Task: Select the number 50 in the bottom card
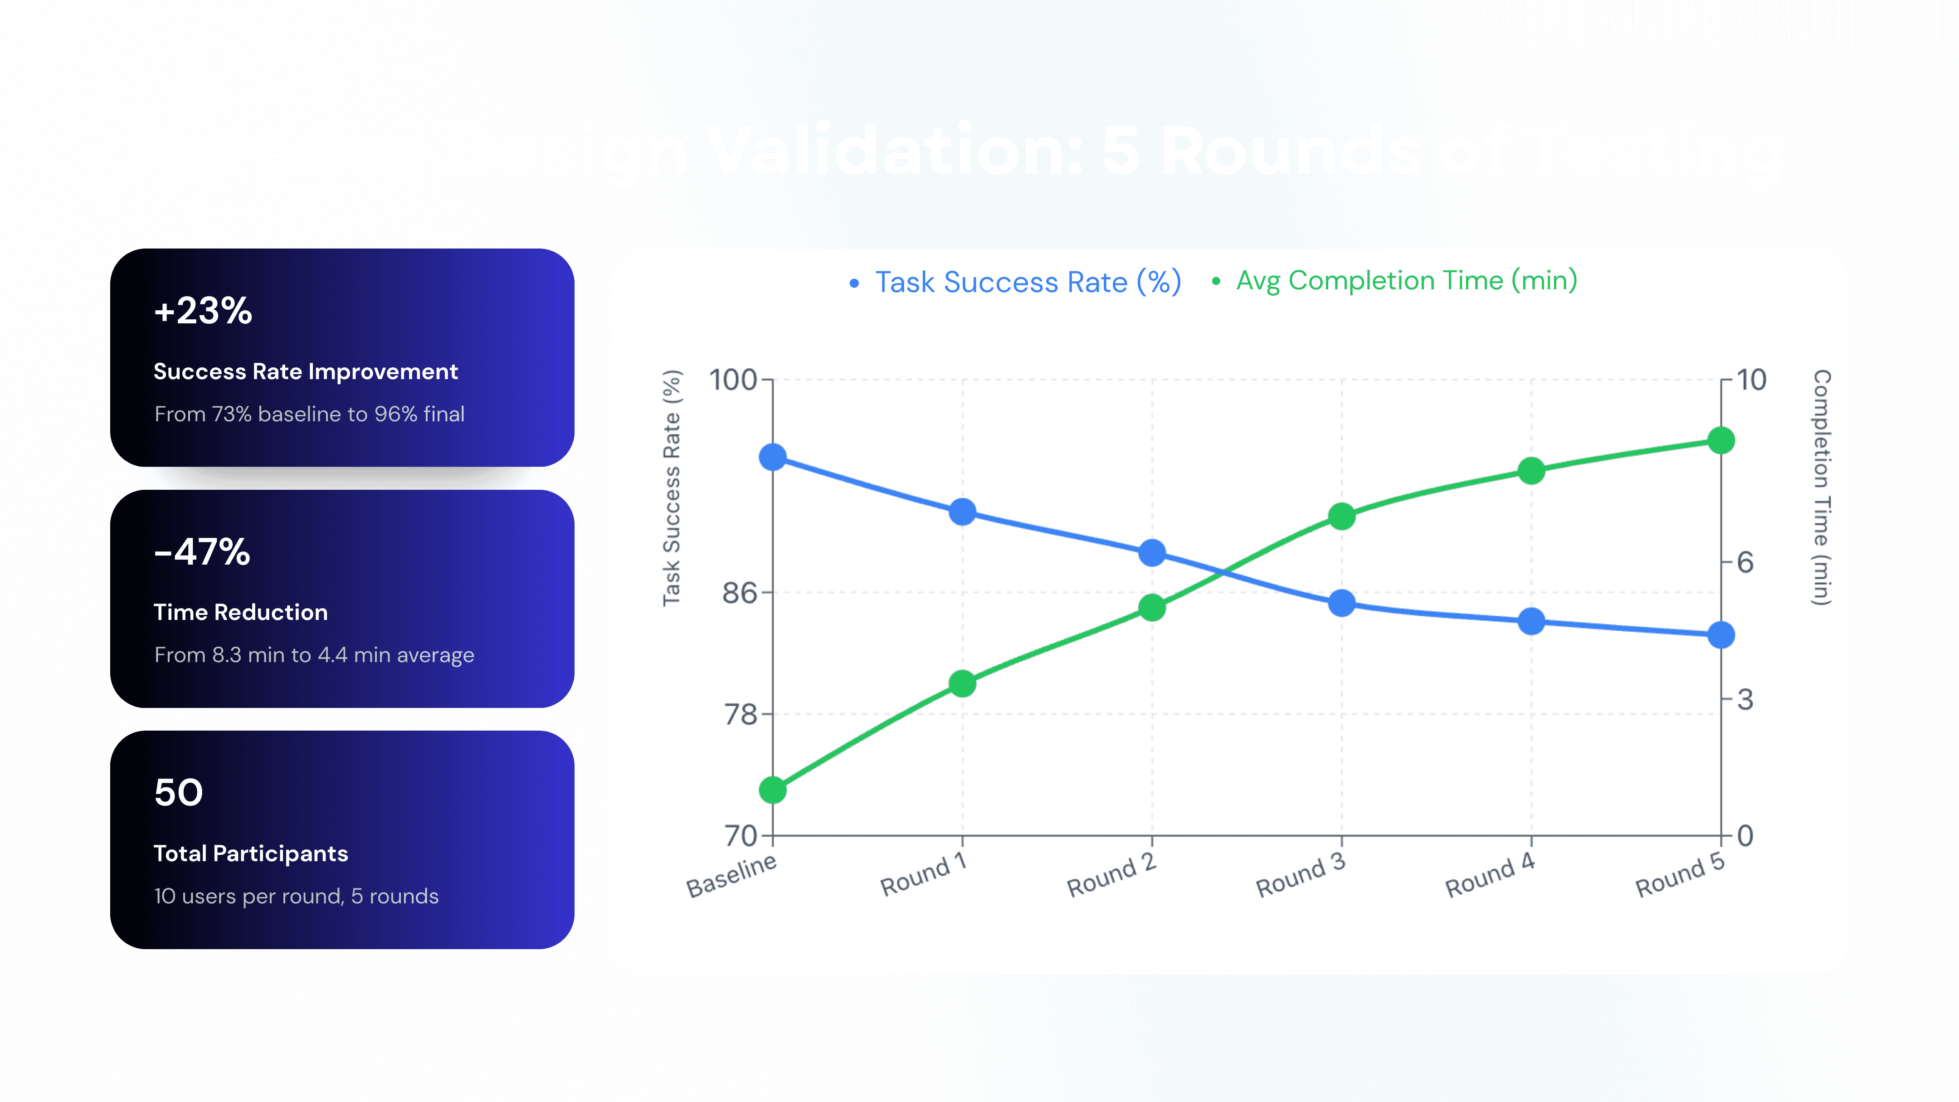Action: [x=179, y=792]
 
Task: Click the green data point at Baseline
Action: [x=773, y=790]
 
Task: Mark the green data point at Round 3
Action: [x=1341, y=517]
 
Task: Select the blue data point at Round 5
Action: [x=1721, y=634]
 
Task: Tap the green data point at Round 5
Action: [x=1721, y=440]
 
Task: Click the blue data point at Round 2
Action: [x=1152, y=553]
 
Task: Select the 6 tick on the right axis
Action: [x=1745, y=562]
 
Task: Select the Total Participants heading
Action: [x=250, y=853]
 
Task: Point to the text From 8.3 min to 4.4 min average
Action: [x=313, y=655]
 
